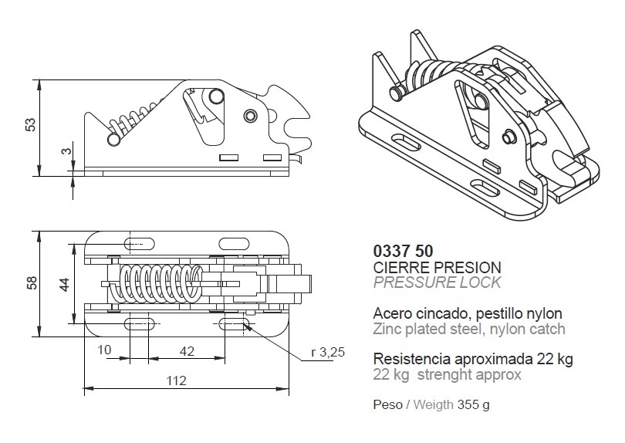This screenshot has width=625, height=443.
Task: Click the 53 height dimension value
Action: (31, 124)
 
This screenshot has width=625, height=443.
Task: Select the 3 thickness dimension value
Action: (67, 150)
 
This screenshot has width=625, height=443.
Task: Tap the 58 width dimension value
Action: (32, 282)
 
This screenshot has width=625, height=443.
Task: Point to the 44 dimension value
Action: (64, 284)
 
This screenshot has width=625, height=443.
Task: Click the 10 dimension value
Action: (104, 350)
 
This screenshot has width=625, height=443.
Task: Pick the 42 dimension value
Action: (187, 351)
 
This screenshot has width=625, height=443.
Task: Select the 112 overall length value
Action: (176, 380)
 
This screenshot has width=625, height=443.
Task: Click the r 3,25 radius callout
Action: (328, 352)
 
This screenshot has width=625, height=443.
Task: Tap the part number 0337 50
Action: (403, 251)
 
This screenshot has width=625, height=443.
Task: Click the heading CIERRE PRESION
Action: (437, 267)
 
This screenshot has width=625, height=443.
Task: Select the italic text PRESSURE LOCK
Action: (437, 282)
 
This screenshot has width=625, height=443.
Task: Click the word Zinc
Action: (387, 329)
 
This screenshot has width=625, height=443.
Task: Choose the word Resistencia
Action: (412, 359)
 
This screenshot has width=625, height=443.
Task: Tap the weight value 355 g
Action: (474, 404)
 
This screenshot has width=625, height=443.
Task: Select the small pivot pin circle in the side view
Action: (250, 116)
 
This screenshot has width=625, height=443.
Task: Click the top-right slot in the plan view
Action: (234, 244)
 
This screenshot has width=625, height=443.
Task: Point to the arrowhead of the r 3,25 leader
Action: (247, 326)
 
